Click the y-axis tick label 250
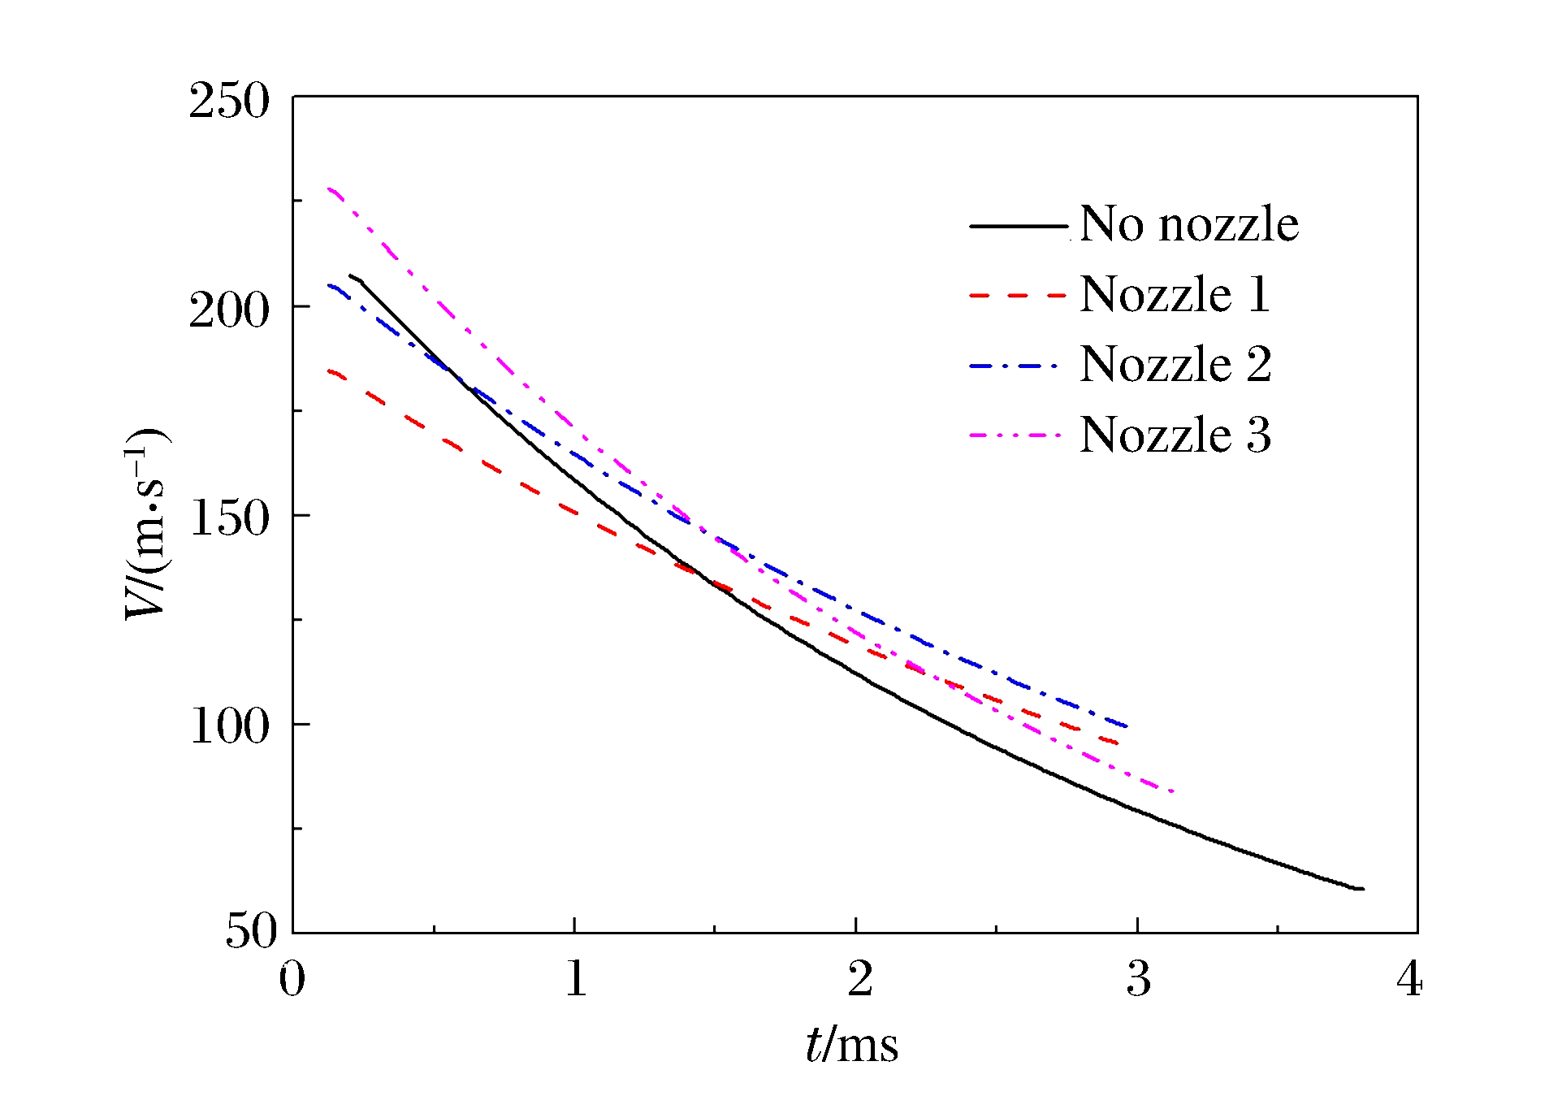tap(228, 102)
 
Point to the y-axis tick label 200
tap(228, 310)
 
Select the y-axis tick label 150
tap(228, 518)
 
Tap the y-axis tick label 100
tap(228, 726)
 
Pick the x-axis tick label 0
tap(292, 980)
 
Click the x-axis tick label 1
tap(576, 980)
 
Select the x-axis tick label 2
tap(859, 980)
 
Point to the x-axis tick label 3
tap(1139, 980)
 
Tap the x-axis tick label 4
tap(1410, 980)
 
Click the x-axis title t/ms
tap(852, 1045)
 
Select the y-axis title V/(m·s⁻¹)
tap(146, 523)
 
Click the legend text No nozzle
tap(1189, 224)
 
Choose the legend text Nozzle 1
tap(1175, 294)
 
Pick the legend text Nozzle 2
tap(1175, 364)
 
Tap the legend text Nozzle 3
tap(1175, 435)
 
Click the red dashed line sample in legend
tap(1017, 296)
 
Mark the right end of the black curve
tap(1362, 889)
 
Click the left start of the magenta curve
tap(329, 189)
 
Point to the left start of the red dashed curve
tap(329, 371)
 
